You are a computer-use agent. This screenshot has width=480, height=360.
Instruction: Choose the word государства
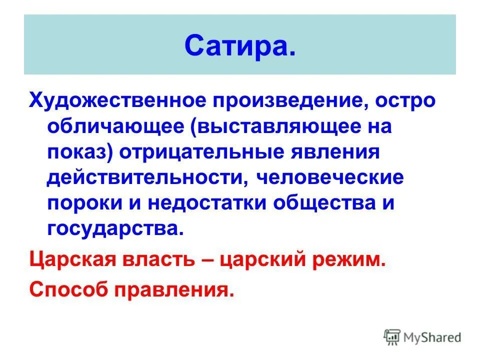(111, 228)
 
